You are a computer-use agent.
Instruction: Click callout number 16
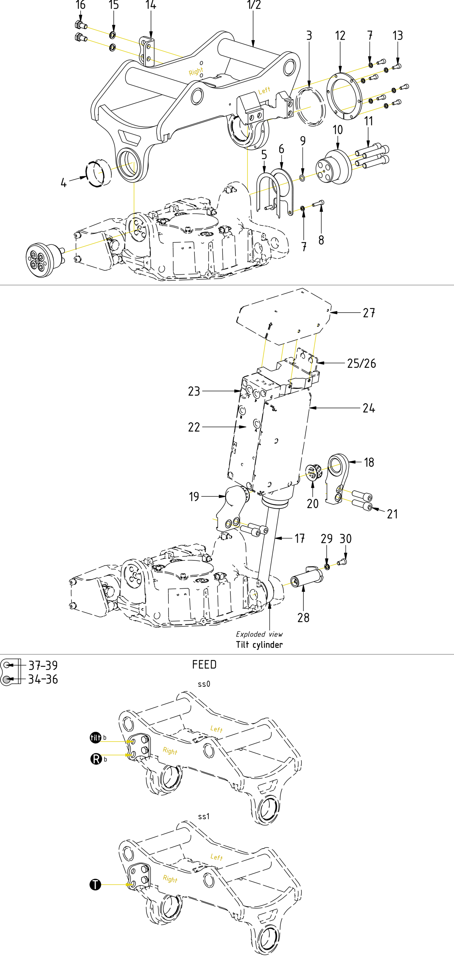pos(80,5)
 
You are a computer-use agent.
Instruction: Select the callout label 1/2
pos(253,5)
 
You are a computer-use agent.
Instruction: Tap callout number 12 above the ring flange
pos(340,36)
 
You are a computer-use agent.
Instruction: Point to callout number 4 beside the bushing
pos(64,183)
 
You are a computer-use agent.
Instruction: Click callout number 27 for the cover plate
pos(369,313)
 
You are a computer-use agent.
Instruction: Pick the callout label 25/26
pos(361,363)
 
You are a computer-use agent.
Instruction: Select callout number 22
pos(194,427)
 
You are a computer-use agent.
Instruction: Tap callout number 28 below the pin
pos(303,618)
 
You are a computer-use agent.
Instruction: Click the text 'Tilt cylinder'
pos(259,644)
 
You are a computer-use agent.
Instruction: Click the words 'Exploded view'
pos(259,634)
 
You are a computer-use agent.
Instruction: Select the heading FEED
pos(204,664)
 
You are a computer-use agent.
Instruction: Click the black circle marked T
pos(95,885)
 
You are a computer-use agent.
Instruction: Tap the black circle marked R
pos(96,759)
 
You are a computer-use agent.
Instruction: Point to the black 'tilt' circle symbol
pos(95,737)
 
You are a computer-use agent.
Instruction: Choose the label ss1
pos(204,816)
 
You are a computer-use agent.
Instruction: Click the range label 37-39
pos(43,665)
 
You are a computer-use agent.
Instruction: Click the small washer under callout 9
pos(302,178)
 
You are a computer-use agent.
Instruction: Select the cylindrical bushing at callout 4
pos(99,173)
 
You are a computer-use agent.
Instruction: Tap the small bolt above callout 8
pos(318,203)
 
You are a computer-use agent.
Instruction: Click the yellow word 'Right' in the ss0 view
pos(170,751)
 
